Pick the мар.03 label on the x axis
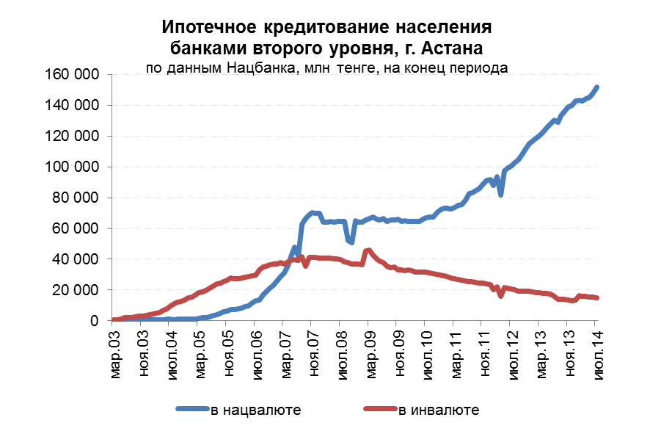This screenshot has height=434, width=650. pyautogui.click(x=114, y=354)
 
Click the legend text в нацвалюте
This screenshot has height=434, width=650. pyautogui.click(x=255, y=410)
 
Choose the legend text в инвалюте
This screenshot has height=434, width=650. pyautogui.click(x=439, y=410)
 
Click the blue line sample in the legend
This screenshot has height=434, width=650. pyautogui.click(x=192, y=410)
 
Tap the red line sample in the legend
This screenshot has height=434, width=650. pyautogui.click(x=380, y=410)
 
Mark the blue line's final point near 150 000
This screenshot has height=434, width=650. pyautogui.click(x=597, y=87)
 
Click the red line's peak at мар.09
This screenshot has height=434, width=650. pyautogui.click(x=368, y=250)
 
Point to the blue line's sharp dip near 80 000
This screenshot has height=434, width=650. pyautogui.click(x=500, y=195)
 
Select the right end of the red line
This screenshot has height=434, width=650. pyautogui.click(x=597, y=297)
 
